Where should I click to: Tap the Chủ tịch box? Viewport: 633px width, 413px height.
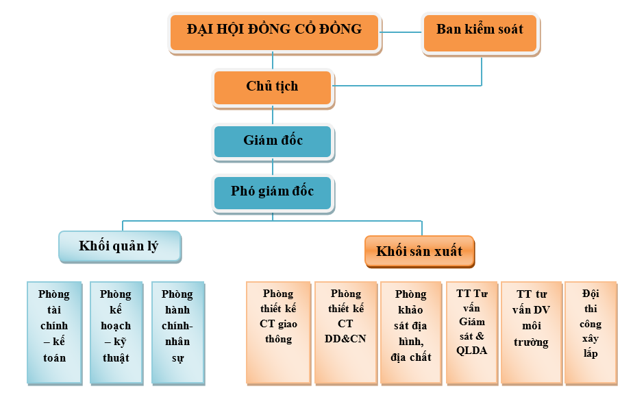(273, 87)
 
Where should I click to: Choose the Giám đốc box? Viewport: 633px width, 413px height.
(273, 141)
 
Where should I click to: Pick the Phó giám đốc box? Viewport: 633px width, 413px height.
(273, 192)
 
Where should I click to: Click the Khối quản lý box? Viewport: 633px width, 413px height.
(119, 246)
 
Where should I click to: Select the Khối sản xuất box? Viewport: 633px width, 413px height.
(419, 252)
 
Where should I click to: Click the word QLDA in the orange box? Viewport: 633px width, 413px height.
(471, 350)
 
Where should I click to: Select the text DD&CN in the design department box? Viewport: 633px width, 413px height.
(346, 338)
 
